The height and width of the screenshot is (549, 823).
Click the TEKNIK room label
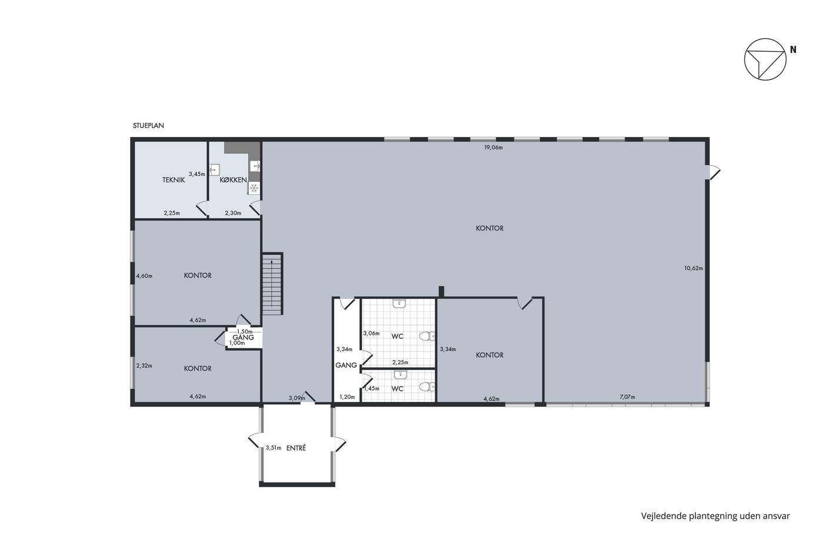173,180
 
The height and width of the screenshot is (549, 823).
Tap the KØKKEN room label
233,180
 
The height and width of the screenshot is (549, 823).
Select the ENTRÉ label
296,448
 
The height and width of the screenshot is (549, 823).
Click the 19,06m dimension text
493,148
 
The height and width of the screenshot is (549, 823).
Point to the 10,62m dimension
694,268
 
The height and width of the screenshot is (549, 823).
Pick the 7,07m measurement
627,397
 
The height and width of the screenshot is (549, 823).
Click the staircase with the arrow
272,284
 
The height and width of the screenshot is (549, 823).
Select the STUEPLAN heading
148,125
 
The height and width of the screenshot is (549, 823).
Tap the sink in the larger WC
399,304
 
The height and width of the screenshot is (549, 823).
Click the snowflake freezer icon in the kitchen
253,189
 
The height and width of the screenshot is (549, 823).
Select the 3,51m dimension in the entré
273,448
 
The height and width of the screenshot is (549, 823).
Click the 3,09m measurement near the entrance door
297,398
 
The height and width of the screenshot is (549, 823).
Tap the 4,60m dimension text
145,276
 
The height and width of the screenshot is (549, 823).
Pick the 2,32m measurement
145,365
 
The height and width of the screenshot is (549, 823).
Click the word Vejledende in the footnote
664,516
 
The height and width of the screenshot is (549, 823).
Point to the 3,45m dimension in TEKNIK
197,174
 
